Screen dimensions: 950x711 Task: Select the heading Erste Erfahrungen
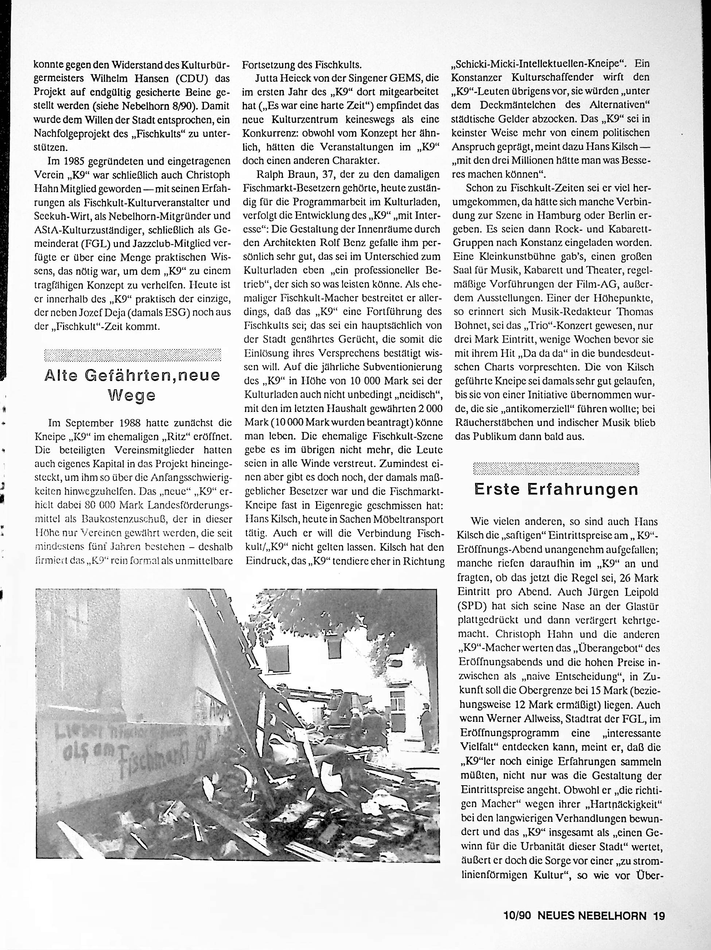[556, 490]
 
